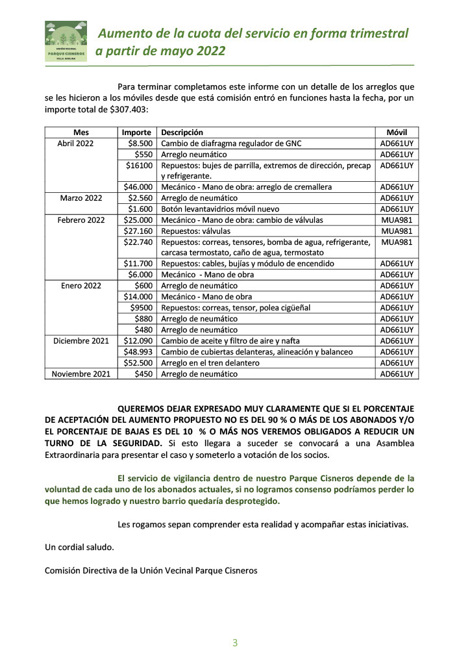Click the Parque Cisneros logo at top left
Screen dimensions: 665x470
click(x=66, y=41)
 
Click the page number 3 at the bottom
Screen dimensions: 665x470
click(x=235, y=643)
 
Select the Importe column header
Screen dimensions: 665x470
click(x=136, y=132)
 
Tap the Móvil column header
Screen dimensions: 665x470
click(x=397, y=132)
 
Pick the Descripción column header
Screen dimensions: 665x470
click(x=182, y=132)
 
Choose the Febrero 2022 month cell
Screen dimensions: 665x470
click(x=80, y=220)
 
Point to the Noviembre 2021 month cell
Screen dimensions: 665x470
click(x=80, y=373)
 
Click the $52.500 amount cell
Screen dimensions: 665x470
click(x=138, y=362)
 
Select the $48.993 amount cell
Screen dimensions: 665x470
click(x=138, y=351)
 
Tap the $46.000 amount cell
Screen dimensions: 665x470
click(x=138, y=187)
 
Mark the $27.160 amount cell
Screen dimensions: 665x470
click(x=138, y=231)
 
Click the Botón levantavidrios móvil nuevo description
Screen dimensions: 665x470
click(x=220, y=209)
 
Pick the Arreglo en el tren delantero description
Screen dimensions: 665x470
click(x=210, y=362)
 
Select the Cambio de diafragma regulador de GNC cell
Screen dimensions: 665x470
click(x=231, y=143)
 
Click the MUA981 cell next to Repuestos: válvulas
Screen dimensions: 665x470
click(x=397, y=231)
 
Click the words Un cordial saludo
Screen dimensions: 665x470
click(x=79, y=547)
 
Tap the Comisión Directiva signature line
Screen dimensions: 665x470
click(x=151, y=570)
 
